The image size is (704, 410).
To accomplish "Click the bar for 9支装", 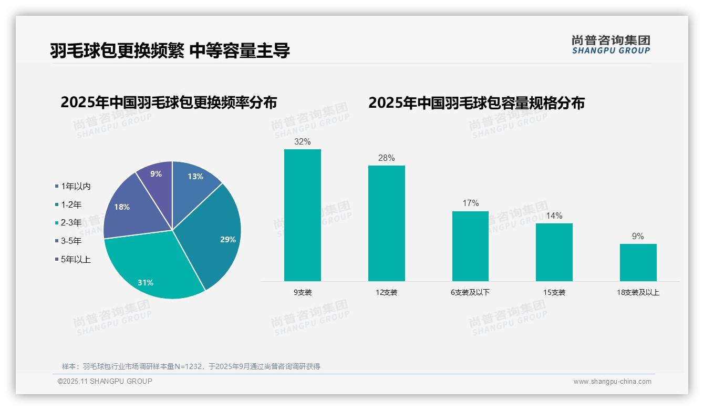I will (302, 216).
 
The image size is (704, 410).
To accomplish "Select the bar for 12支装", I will (386, 223).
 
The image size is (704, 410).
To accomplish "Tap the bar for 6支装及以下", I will (470, 246).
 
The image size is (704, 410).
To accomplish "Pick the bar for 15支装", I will (554, 252).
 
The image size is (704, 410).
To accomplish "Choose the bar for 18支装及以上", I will (638, 262).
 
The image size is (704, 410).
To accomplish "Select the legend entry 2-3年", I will (70, 223).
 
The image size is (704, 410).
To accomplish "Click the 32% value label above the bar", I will (303, 141).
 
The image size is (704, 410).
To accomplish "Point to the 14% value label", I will (554, 216).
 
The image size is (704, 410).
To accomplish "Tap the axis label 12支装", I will (386, 292).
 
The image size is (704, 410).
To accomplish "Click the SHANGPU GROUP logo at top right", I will (610, 45).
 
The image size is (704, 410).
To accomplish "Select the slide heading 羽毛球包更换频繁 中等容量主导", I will (170, 51).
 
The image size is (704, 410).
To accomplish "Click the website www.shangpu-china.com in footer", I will (612, 382).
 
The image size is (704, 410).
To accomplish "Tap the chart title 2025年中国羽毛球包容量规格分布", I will (476, 102).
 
